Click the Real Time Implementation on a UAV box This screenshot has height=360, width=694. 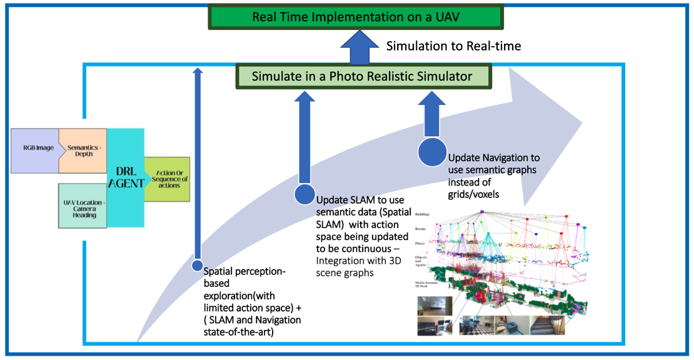[356, 17]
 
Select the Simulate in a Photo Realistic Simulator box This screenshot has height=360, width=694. [362, 77]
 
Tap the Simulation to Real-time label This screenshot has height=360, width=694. [453, 46]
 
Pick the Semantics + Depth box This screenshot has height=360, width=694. [83, 150]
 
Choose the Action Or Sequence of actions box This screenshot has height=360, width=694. [167, 179]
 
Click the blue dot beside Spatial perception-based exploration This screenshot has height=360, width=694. [198, 266]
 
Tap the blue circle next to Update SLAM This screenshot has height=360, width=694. [304, 195]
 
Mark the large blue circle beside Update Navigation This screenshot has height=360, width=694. [431, 153]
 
